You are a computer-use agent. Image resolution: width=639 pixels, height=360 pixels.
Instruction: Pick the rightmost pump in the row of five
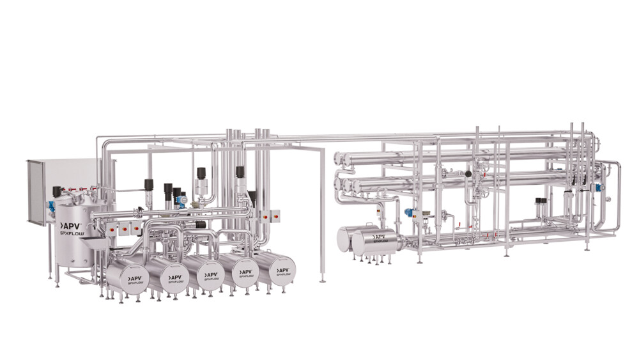pyautogui.click(x=279, y=268)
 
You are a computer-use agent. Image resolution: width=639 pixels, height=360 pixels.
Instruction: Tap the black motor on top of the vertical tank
pyautogui.click(x=57, y=191)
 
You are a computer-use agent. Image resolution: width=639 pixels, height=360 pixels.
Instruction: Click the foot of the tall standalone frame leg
pyautogui.click(x=323, y=280)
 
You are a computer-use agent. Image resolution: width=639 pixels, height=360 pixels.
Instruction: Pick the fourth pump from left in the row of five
pyautogui.click(x=243, y=270)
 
